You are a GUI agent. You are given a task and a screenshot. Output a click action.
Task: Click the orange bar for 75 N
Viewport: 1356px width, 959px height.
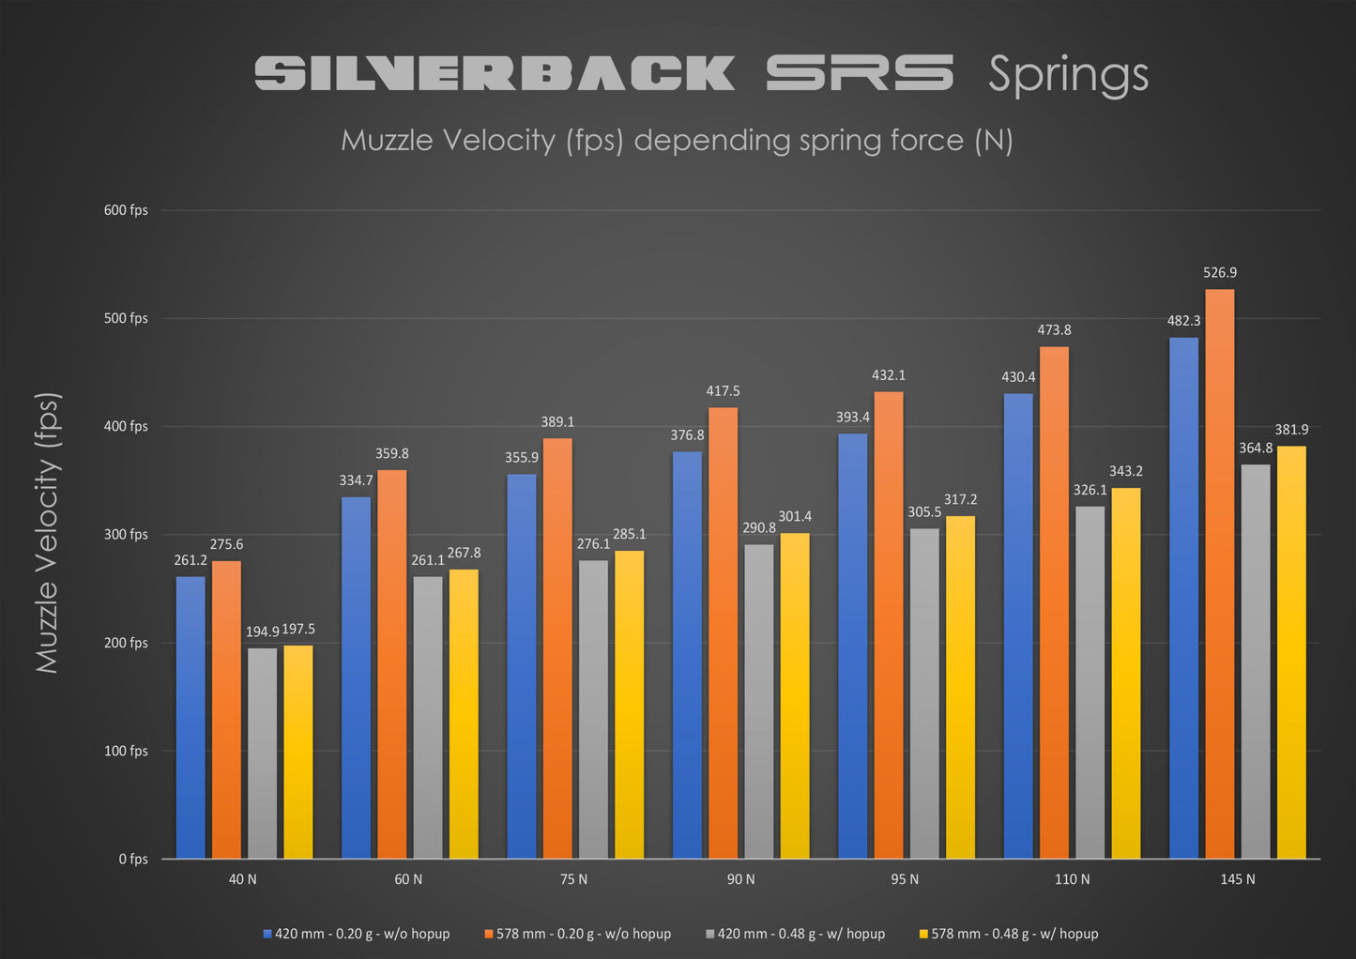pyautogui.click(x=557, y=648)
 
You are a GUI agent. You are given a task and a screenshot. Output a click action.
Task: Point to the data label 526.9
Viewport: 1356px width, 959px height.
pyautogui.click(x=1220, y=273)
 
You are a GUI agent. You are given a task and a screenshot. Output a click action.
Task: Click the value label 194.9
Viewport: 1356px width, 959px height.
pyautogui.click(x=263, y=632)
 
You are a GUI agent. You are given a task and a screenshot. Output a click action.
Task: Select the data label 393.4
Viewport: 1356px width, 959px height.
pyautogui.click(x=853, y=418)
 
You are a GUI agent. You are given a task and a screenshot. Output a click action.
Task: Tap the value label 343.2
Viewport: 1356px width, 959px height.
pyautogui.click(x=1126, y=471)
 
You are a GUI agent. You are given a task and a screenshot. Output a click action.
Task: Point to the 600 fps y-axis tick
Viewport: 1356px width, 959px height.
pyautogui.click(x=126, y=210)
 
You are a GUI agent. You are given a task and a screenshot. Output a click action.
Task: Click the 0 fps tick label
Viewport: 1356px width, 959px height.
pyautogui.click(x=133, y=860)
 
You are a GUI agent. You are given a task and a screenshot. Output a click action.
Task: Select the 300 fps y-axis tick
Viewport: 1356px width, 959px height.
pyautogui.click(x=126, y=535)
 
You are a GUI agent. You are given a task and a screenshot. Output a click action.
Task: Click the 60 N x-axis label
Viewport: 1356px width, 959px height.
pyautogui.click(x=408, y=880)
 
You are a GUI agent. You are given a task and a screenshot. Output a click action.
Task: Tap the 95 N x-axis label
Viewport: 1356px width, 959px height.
pyautogui.click(x=905, y=880)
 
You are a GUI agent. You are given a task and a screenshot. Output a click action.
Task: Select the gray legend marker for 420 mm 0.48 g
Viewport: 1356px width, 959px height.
pyautogui.click(x=709, y=935)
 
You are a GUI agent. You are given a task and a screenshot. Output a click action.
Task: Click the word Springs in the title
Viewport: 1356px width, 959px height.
pyautogui.click(x=1068, y=76)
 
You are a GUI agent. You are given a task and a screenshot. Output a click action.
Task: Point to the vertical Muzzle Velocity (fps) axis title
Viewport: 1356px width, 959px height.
pyautogui.click(x=47, y=532)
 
